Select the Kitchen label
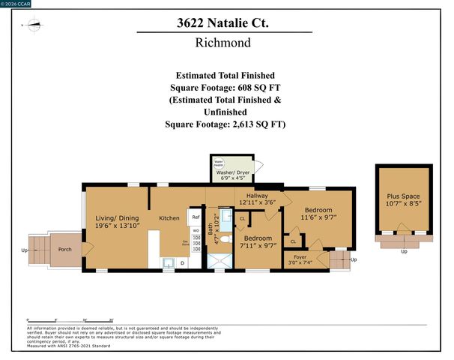click(169, 218)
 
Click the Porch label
click(65, 249)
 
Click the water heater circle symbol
click(220, 162)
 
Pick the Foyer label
click(300, 257)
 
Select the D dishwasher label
click(182, 263)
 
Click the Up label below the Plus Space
click(404, 251)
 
